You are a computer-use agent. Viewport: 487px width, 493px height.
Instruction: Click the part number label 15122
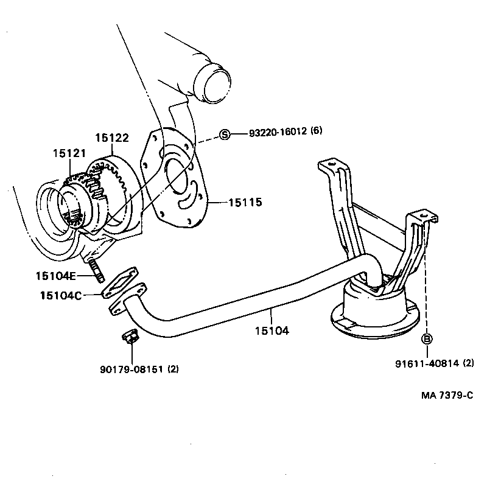coord(112,138)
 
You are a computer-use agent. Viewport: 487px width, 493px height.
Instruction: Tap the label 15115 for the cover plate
coord(245,202)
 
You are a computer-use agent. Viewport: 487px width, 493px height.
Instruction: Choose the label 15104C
coord(59,295)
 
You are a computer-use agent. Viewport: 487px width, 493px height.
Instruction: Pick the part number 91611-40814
coord(426,363)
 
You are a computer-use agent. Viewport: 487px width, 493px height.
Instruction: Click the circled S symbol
coord(225,135)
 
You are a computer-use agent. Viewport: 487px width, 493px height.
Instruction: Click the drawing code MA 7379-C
coord(447,396)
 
